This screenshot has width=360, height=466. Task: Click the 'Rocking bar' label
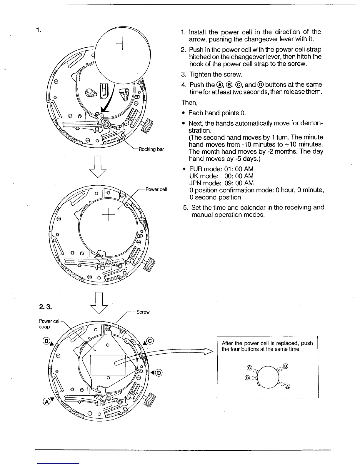[x=151, y=149]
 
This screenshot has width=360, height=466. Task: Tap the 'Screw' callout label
[x=143, y=312]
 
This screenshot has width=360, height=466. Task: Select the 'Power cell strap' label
[x=49, y=324]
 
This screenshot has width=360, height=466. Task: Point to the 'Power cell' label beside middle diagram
[x=156, y=189]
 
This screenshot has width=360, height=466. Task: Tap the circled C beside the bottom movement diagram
[x=150, y=341]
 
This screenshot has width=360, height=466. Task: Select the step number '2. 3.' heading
[x=45, y=307]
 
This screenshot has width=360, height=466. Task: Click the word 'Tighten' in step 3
[x=201, y=74]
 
